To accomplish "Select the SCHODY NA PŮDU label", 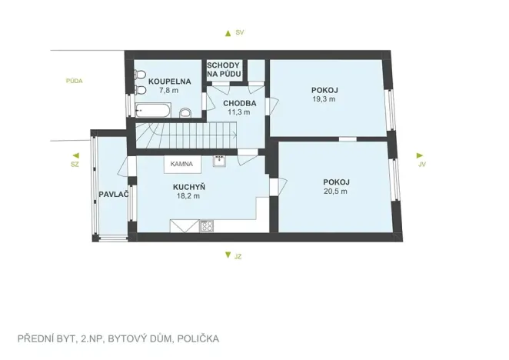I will pos(225,70).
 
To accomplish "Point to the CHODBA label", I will pos(239,102).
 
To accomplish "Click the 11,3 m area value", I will pos(239,112).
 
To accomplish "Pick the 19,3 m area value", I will pos(324,99).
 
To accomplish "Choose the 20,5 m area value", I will pos(335,191).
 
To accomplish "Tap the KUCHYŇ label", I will pos(188,186).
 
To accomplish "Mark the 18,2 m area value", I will pos(188,195).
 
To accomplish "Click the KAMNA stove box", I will pos(181,164).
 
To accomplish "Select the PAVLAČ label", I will pos(112,194).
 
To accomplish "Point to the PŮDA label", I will pos(74,80).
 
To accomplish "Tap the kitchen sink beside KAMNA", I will pos(219,162).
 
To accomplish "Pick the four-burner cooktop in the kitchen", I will pos(206,226).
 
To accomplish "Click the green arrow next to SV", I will pos(227,33).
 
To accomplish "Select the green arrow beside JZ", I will pos(227,255).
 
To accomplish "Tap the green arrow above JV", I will pos(420,155).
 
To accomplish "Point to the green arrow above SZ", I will pos(75,154).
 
